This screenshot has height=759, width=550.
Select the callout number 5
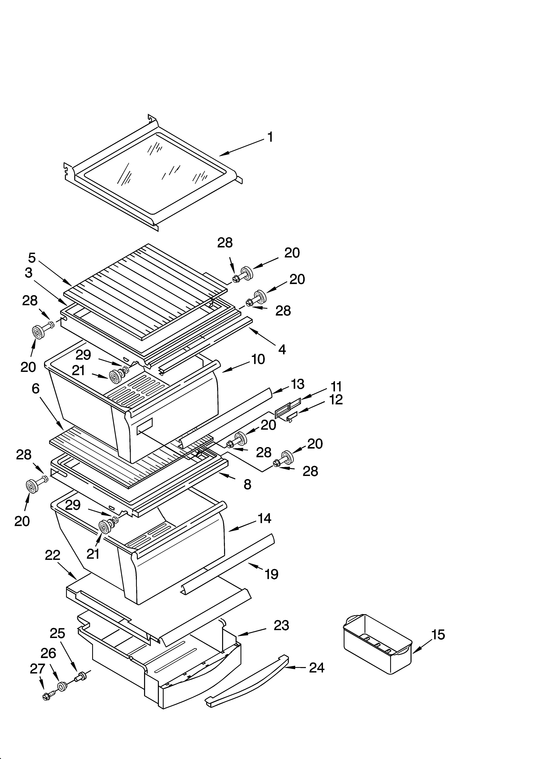(32, 258)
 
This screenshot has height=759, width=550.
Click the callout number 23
(281, 625)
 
